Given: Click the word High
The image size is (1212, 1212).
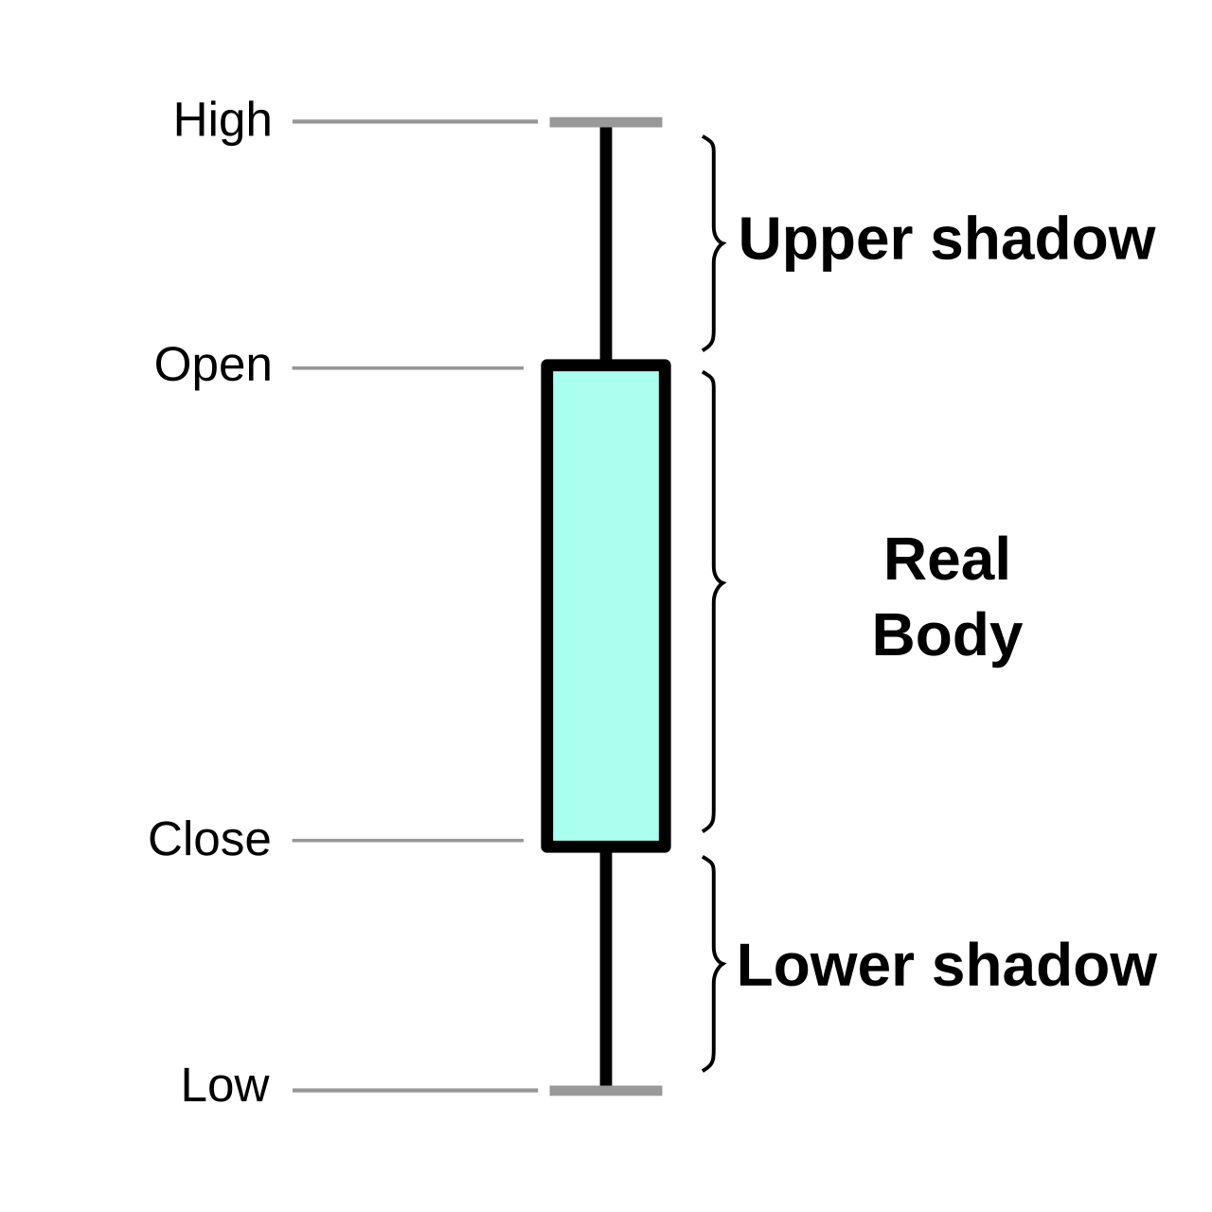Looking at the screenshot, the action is (x=223, y=121).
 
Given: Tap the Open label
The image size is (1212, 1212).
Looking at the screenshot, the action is (x=213, y=366).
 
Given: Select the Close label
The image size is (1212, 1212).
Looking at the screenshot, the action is (x=209, y=839).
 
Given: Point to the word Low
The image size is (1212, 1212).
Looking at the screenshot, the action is (x=225, y=1085).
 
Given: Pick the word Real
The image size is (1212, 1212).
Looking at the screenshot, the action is (x=947, y=560).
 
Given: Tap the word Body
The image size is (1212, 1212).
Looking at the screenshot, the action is (x=947, y=638).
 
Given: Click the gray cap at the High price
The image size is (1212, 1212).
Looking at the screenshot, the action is (x=606, y=122).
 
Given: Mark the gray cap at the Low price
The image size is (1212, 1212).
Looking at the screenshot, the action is (x=606, y=1091).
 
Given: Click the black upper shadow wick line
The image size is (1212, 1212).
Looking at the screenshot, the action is (x=606, y=243).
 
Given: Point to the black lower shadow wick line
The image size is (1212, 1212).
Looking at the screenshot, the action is (x=606, y=969).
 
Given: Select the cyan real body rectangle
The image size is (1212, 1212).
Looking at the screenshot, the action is (x=606, y=606).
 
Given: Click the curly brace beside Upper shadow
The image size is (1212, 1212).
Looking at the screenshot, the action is (x=715, y=242).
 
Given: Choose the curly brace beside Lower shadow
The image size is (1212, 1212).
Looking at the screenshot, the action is (x=715, y=964).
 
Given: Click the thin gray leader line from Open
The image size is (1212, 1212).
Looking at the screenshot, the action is (x=407, y=368).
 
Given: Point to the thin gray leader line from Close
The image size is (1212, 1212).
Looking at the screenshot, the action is (x=407, y=840).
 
